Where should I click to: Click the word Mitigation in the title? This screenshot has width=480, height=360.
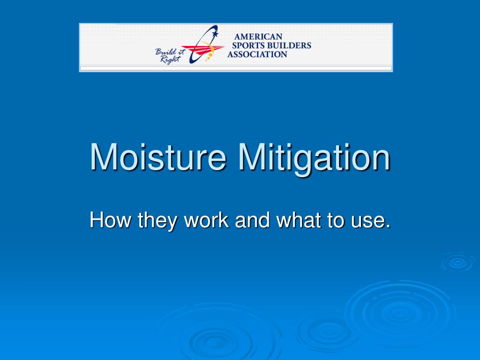tap(314, 157)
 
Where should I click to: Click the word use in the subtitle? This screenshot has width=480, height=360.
tap(368, 221)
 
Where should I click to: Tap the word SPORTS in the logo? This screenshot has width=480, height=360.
tap(249, 45)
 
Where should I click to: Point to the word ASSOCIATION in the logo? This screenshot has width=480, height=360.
tap(257, 54)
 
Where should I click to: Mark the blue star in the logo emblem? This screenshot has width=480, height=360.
tap(215, 34)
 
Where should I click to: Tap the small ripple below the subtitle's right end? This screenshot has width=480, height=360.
tap(457, 262)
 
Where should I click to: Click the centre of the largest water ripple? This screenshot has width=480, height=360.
tap(398, 312)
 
